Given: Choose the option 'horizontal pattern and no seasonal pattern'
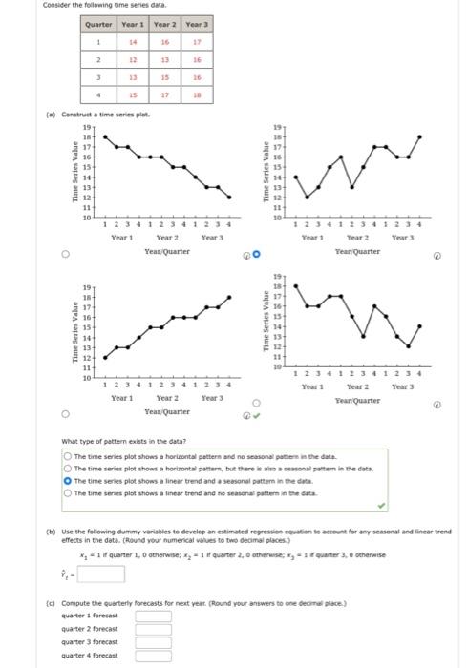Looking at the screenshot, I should tap(55, 457).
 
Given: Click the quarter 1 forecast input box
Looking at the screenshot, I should tap(153, 616).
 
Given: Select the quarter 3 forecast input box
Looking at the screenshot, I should tap(153, 642).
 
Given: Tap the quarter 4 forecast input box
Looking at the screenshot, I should tap(153, 656).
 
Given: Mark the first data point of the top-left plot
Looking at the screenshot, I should tap(105, 137).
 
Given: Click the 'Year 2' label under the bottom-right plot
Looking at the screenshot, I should tap(358, 387).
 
